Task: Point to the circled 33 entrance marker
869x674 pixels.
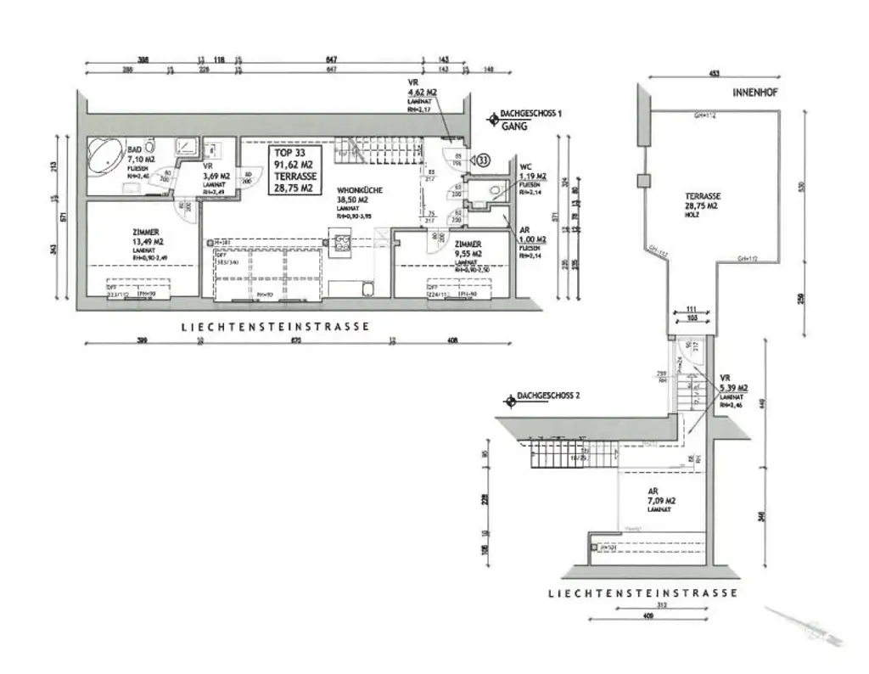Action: coord(483,159)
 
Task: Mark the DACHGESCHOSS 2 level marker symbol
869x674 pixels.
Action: coord(509,396)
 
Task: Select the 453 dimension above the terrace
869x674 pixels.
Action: coord(715,74)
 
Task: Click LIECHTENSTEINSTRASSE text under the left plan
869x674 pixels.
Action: coord(274,326)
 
